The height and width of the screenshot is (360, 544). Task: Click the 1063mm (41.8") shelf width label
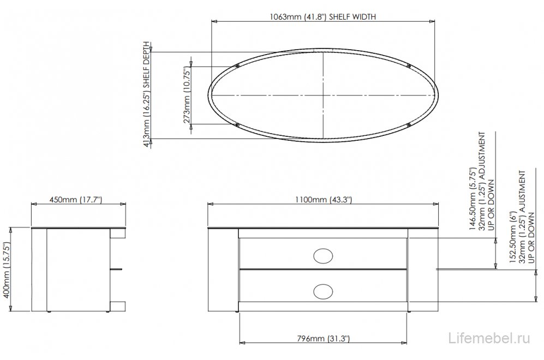pyautogui.click(x=323, y=16)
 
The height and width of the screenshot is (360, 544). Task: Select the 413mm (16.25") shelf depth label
pyautogui.click(x=146, y=96)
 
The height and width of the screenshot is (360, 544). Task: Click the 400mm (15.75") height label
pyautogui.click(x=7, y=269)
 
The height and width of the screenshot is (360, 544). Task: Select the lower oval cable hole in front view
pyautogui.click(x=323, y=290)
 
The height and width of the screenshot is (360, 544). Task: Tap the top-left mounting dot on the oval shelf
pyautogui.click(x=237, y=67)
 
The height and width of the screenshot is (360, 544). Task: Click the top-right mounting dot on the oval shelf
pyautogui.click(x=409, y=67)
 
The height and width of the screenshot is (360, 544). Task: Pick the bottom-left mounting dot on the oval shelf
pyautogui.click(x=237, y=125)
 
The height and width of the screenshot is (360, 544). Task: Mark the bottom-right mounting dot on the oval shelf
pyautogui.click(x=409, y=125)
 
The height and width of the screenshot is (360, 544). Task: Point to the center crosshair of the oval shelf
pyautogui.click(x=323, y=96)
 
